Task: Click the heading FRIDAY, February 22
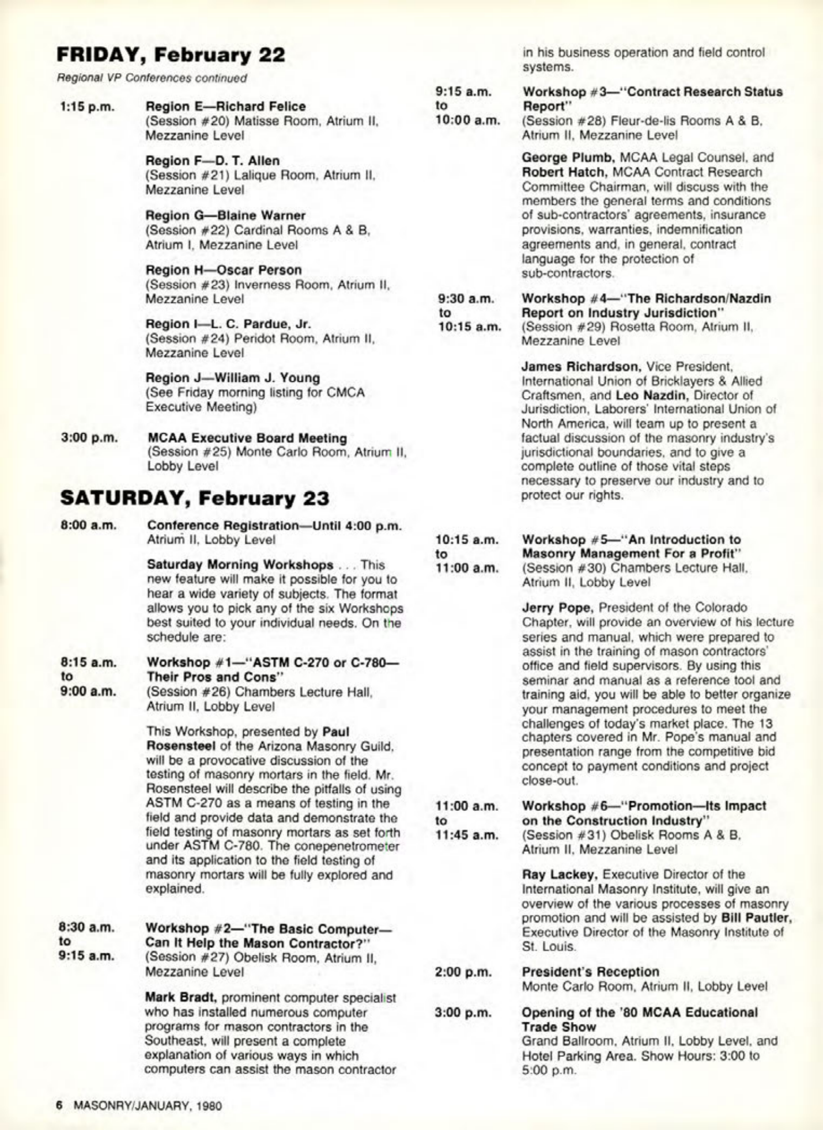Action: click(171, 55)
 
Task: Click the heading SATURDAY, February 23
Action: click(194, 498)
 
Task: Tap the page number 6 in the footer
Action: click(58, 1105)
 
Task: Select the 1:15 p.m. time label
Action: click(88, 107)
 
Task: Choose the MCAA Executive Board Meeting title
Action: click(247, 438)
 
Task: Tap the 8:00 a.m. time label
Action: click(89, 526)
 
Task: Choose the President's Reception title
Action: click(590, 972)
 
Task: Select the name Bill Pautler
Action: click(756, 917)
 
